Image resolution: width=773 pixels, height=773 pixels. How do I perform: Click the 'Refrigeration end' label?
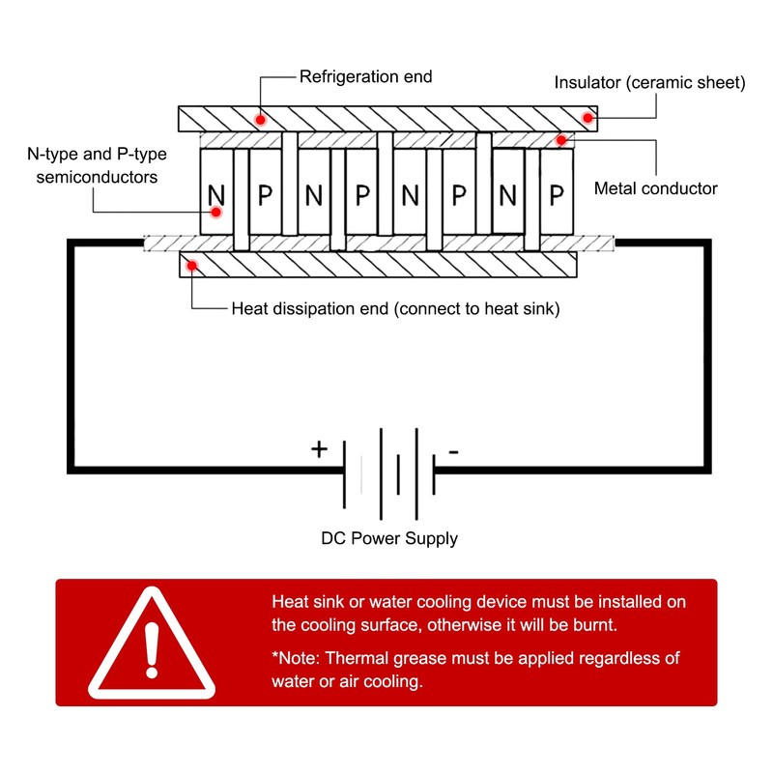click(366, 77)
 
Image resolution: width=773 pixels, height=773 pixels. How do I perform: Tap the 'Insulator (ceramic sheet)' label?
click(649, 82)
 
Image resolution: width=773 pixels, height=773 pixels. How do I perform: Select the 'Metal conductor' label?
click(655, 188)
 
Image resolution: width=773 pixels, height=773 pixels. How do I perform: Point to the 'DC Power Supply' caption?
click(389, 538)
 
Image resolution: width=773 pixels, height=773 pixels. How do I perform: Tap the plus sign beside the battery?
click(319, 449)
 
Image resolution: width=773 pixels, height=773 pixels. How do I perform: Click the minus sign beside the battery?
click(453, 451)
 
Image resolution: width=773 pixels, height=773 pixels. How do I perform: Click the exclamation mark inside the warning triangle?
click(152, 649)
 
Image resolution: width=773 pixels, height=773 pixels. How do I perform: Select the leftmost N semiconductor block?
click(216, 191)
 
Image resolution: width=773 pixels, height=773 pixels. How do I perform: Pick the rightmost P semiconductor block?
click(557, 191)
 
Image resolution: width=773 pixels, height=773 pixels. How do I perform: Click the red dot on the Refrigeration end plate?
click(260, 120)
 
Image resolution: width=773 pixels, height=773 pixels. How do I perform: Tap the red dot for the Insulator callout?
click(587, 118)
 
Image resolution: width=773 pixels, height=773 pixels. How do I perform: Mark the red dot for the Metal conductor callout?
click(561, 140)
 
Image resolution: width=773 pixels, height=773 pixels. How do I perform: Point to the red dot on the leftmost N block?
click(215, 213)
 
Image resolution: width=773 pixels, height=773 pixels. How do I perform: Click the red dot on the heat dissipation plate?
click(191, 267)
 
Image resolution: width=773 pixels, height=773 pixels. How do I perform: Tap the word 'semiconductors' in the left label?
click(98, 177)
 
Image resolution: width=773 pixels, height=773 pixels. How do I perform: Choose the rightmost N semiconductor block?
click(508, 191)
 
